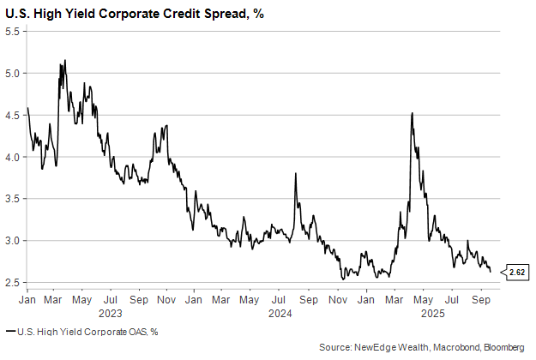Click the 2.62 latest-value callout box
click(x=517, y=273)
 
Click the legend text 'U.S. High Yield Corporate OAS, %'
click(x=85, y=331)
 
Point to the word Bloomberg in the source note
click(x=504, y=347)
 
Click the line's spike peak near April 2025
click(x=413, y=113)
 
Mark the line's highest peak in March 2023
click(x=65, y=61)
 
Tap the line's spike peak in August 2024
click(x=295, y=174)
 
